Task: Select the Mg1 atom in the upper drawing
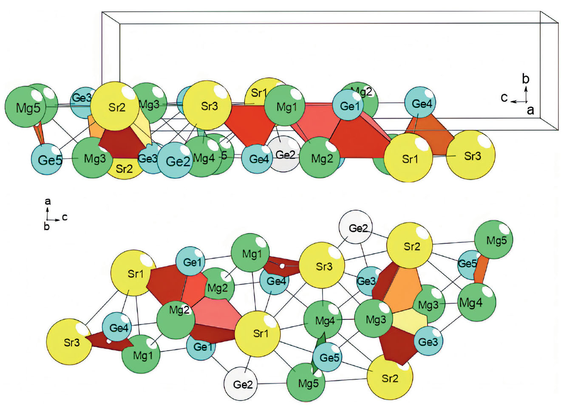coord(285,106)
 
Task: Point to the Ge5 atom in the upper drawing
coord(48,160)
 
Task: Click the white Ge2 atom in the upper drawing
coord(284,154)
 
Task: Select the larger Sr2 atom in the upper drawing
coord(116,106)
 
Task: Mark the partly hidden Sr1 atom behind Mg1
coord(258,92)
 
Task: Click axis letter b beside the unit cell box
coord(526,79)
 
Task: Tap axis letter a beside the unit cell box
coord(530,110)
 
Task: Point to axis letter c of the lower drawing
coord(65,217)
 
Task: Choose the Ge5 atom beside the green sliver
coord(328,357)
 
